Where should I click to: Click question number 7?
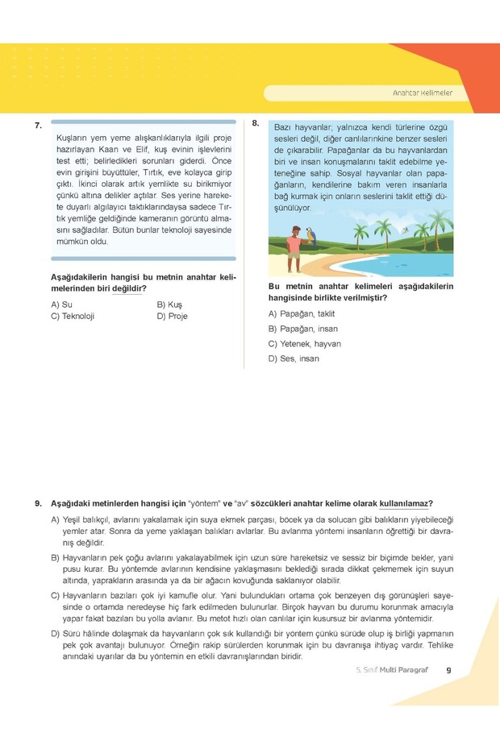point(38,126)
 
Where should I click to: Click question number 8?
point(255,123)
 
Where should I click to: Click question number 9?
point(38,503)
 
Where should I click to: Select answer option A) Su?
point(61,304)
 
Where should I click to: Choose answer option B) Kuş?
point(169,304)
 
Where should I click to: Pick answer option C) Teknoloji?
point(73,317)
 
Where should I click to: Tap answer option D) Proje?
point(172,317)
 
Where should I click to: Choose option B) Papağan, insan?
point(302,329)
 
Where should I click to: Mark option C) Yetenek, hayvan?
point(304,344)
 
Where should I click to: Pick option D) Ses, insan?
point(294,358)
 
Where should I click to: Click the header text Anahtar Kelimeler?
point(422,93)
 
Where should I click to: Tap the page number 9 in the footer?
point(448,669)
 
